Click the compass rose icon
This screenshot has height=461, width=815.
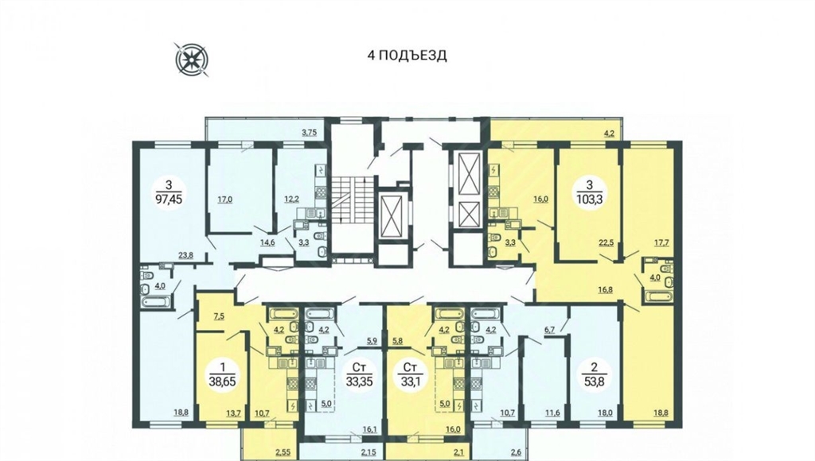click(193, 59)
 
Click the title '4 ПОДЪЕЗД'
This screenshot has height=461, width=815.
click(407, 56)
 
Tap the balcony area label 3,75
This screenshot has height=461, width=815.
click(310, 133)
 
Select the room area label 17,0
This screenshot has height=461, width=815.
click(224, 199)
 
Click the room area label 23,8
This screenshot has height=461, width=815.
click(185, 254)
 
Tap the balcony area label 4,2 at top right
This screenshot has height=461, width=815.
click(609, 133)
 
